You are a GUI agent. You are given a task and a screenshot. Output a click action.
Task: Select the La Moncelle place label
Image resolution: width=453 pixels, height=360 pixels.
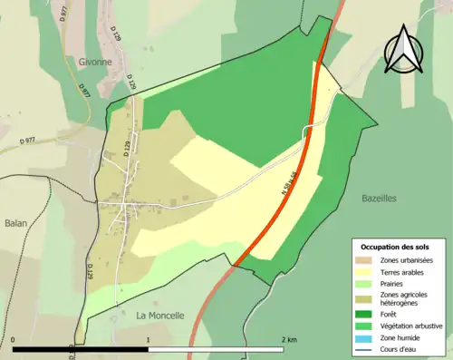[x=160, y=316]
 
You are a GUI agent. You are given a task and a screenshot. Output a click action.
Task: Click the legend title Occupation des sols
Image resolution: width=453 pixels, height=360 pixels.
[x=395, y=247]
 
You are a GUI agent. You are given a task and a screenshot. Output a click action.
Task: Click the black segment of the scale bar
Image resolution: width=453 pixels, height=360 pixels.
[x=81, y=349]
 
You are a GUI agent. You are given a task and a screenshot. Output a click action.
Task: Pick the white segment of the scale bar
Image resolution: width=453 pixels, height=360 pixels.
[x=216, y=349]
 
